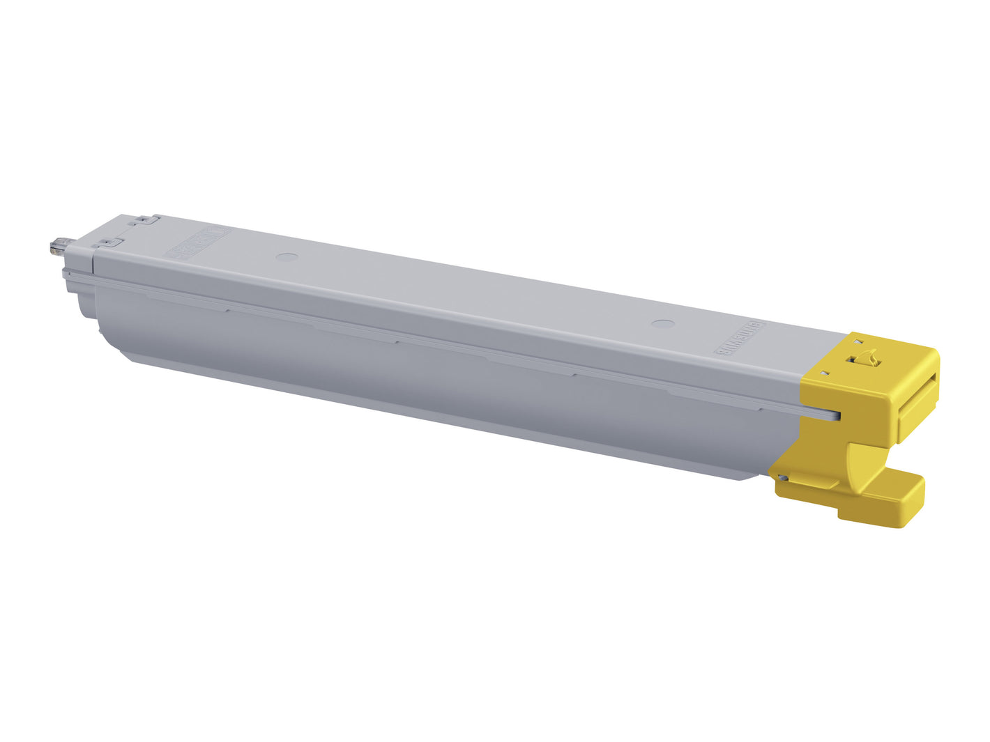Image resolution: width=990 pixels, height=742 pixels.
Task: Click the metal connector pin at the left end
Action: click(x=56, y=247)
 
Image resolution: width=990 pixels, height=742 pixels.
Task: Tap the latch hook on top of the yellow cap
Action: click(x=864, y=358)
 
